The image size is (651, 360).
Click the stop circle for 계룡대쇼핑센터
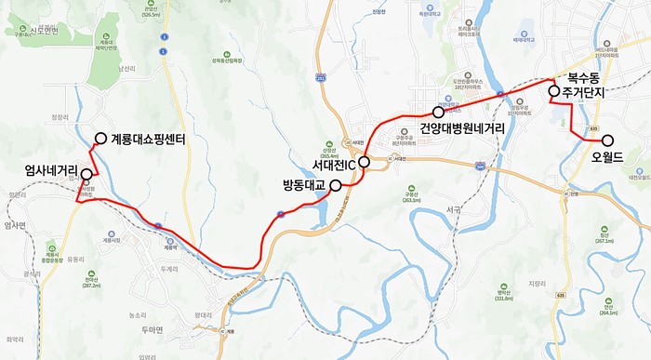coord(100,140)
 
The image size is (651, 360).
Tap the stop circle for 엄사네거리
coord(86,174)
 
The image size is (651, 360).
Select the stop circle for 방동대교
coord(335,184)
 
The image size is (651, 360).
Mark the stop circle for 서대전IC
coord(365,162)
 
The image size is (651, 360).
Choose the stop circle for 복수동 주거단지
coord(553,91)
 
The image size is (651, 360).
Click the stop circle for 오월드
coord(608,140)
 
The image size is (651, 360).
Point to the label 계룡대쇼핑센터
coord(150,140)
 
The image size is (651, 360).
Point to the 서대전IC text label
coord(332,162)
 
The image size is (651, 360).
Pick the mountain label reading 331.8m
coord(504,299)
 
